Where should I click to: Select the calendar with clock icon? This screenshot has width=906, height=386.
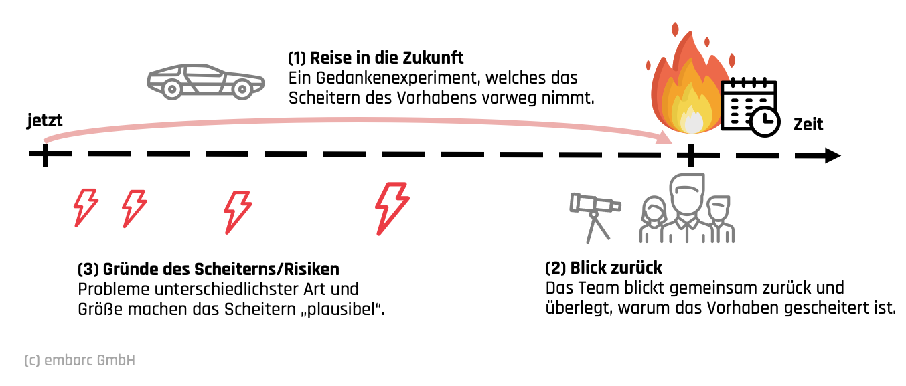(x=751, y=107)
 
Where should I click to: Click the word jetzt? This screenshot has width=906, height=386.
(x=45, y=121)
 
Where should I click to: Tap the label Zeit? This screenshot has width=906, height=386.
(x=808, y=124)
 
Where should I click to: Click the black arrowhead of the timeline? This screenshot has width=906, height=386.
(x=832, y=156)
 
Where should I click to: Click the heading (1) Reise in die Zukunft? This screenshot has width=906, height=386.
(x=376, y=58)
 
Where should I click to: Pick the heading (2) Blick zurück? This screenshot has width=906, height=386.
(x=603, y=268)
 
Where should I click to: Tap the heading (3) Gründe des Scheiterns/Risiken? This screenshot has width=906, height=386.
(x=208, y=270)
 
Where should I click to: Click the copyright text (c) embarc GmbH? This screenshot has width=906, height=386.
(x=80, y=361)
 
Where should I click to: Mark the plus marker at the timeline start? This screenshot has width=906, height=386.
(x=45, y=155)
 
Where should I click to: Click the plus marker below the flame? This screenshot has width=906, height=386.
(x=689, y=156)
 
